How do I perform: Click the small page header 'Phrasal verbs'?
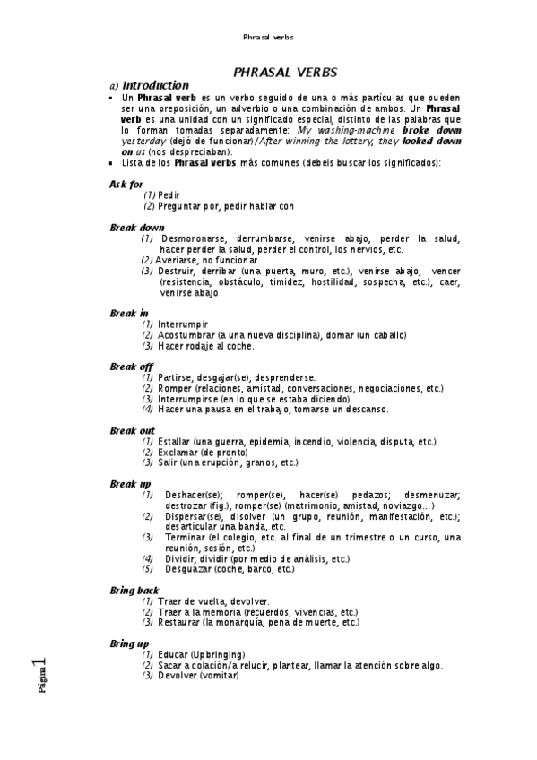[x=268, y=38]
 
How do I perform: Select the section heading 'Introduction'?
[x=155, y=85]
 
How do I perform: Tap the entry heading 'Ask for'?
[x=126, y=184]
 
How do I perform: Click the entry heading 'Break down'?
[x=137, y=228]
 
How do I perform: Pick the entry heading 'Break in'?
[x=129, y=313]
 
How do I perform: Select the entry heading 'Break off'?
[x=131, y=367]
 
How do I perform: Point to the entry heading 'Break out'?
[x=132, y=430]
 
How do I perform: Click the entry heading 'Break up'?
[x=130, y=484]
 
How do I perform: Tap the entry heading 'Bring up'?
[x=129, y=643]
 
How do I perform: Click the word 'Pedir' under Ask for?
[x=168, y=194]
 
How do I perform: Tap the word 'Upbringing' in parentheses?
[x=217, y=654]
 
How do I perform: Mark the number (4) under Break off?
[x=147, y=410]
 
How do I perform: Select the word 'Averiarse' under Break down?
[x=177, y=260]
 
